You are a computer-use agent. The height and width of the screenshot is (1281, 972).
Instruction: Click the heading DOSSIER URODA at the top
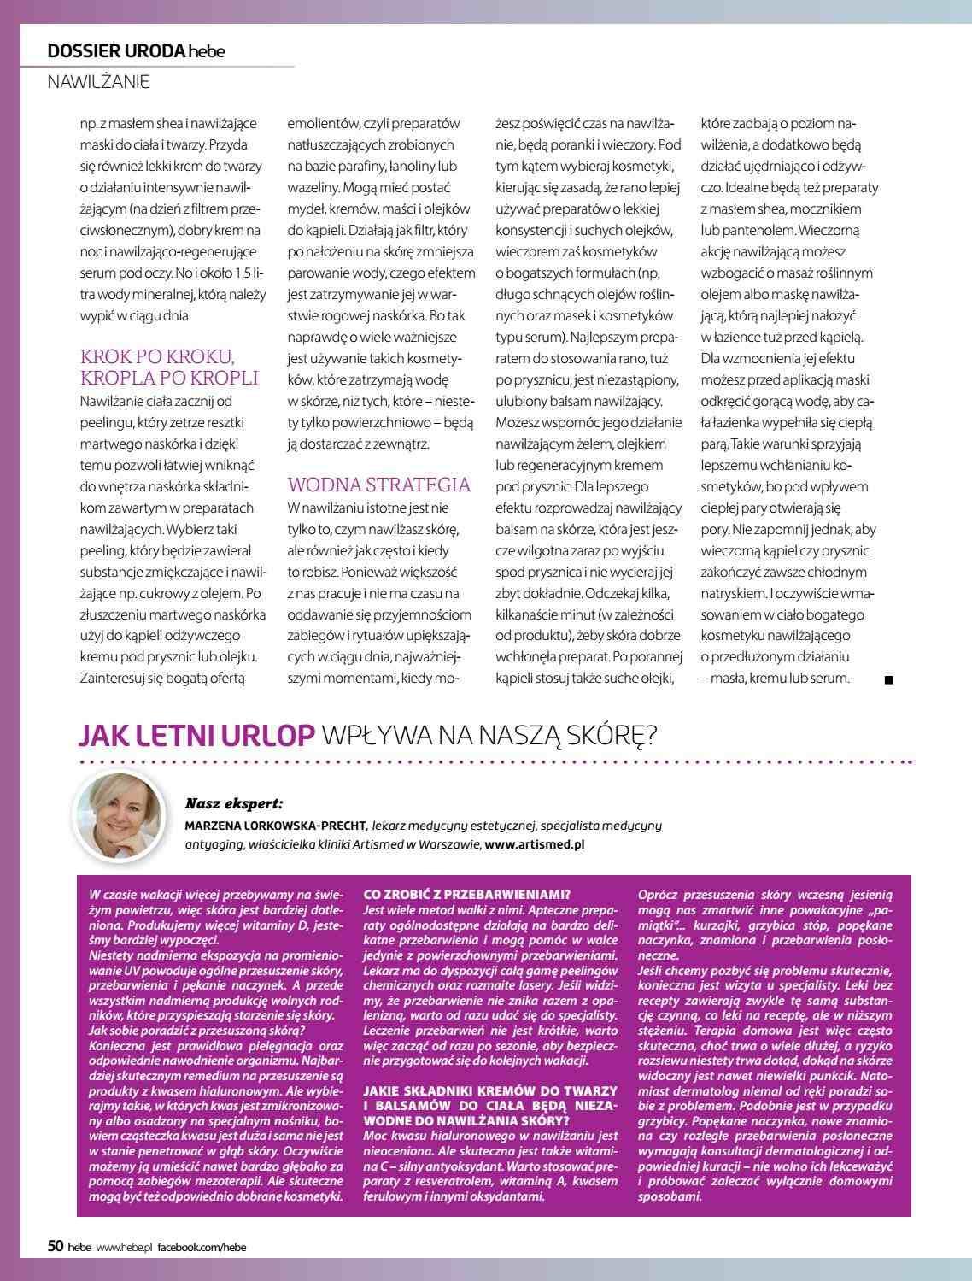pos(116,51)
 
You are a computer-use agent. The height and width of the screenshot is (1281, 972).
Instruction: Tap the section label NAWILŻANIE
pos(98,82)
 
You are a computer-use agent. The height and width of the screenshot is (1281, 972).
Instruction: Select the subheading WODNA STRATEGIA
pos(378,485)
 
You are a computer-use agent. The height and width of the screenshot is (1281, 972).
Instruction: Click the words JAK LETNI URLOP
pos(197,735)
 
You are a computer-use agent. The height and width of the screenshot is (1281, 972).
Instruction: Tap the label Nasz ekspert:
pos(233,804)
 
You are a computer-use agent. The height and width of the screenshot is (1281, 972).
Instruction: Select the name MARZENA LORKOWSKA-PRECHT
pos(276,826)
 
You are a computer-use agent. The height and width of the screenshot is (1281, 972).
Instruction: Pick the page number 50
pos(55,1247)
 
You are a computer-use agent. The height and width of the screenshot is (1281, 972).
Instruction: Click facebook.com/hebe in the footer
pos(202,1248)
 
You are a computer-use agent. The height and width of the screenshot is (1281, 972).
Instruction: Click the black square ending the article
pos(888,680)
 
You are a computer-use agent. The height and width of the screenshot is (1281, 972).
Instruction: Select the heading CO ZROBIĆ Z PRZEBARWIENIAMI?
pos(466,895)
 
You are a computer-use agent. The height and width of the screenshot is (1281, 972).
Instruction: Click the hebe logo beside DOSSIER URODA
pos(208,52)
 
